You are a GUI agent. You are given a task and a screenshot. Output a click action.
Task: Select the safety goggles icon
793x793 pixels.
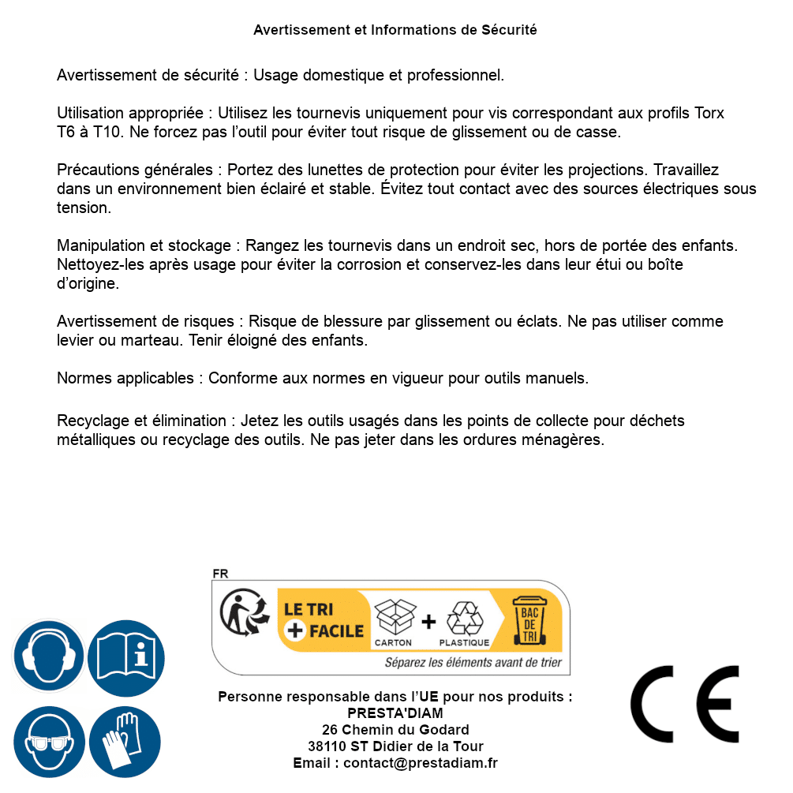point(48,742)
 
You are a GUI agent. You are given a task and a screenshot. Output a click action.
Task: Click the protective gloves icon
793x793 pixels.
point(125,742)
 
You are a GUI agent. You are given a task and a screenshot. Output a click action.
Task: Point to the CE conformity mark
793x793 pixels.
point(685,705)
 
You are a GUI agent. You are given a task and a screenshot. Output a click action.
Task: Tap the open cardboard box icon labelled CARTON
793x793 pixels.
point(394,617)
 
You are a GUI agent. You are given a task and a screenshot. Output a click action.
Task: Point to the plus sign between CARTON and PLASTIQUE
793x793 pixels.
point(428,622)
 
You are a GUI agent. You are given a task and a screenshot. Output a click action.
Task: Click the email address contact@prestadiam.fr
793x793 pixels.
point(421,763)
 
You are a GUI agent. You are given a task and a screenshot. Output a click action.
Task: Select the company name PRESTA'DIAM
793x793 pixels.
point(395,713)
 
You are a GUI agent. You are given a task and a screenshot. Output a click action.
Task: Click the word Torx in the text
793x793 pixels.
point(709,113)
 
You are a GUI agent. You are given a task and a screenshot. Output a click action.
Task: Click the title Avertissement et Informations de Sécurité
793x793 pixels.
point(395,30)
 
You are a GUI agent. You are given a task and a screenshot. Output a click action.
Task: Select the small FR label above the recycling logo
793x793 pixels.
point(220,574)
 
